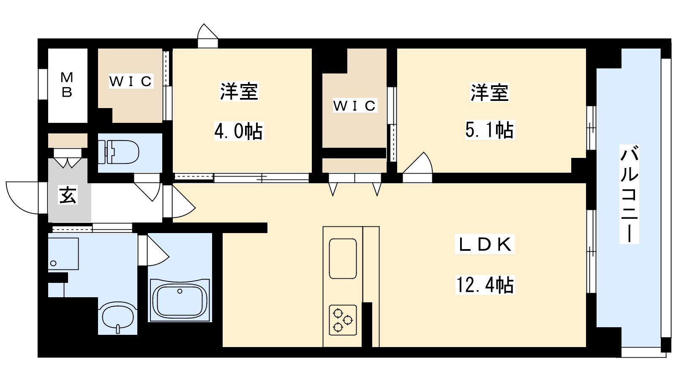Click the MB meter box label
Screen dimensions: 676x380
point(67,85)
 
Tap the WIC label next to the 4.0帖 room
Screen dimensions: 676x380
point(131,81)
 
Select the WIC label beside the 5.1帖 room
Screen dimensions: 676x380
point(355,106)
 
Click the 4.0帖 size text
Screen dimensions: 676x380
point(239,131)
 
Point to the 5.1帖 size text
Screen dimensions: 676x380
point(490,130)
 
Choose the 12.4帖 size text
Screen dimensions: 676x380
point(485,285)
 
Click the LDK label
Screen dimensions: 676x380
point(485,244)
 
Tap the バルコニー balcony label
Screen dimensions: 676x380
point(629,194)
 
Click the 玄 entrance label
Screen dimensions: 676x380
point(68,195)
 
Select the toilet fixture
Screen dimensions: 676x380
point(119,152)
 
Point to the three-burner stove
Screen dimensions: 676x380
point(343,320)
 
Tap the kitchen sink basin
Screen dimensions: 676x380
point(343,259)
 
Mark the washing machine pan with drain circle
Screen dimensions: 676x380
point(63,254)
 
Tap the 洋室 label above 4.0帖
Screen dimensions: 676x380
point(239,91)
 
